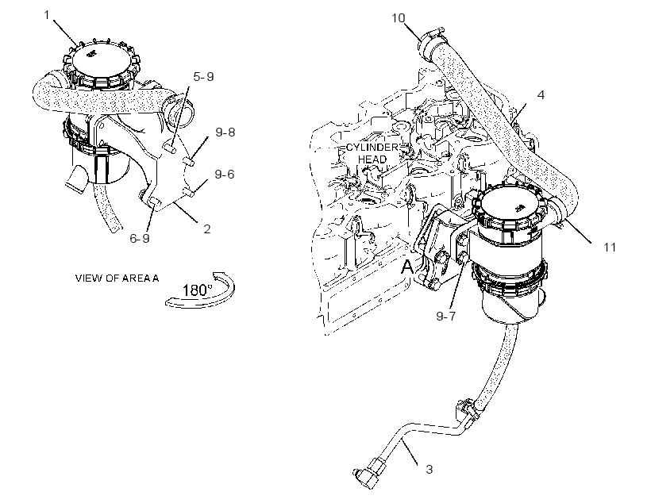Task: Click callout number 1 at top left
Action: click(47, 15)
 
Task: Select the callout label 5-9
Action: click(203, 76)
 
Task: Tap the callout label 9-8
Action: click(225, 132)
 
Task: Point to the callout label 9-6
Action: click(225, 175)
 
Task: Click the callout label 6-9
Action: click(140, 238)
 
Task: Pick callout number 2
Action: click(207, 228)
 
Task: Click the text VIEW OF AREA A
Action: click(117, 278)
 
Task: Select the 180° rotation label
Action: click(198, 290)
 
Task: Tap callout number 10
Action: click(399, 17)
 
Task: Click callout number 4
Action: click(541, 95)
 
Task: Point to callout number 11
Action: click(610, 248)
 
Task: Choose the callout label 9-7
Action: click(446, 317)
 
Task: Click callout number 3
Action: click(430, 470)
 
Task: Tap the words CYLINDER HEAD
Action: click(372, 153)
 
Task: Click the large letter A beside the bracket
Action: click(408, 267)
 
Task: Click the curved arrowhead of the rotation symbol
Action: click(218, 276)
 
